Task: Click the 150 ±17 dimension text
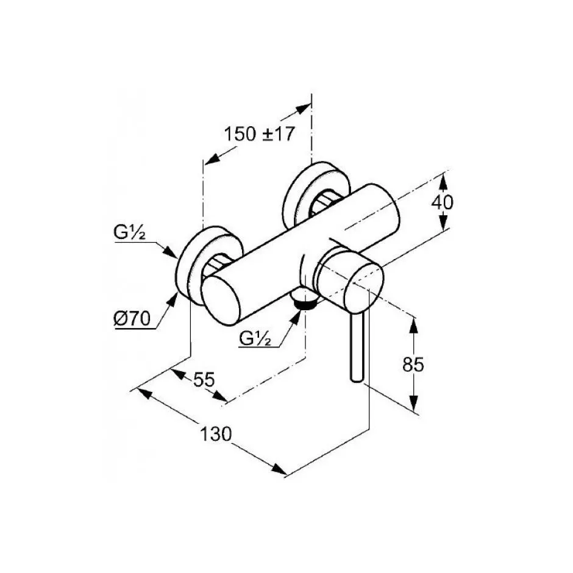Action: tap(258, 134)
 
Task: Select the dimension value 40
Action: tap(442, 202)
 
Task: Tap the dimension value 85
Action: tap(413, 365)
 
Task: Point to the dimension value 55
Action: tap(204, 380)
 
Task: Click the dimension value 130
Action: tap(216, 434)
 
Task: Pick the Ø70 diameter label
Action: tap(132, 319)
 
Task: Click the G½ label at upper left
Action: tap(129, 232)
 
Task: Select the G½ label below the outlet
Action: tap(255, 338)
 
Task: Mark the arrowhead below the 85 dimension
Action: tap(413, 404)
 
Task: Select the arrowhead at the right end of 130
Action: tap(279, 469)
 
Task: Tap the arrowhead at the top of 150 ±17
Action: tap(303, 109)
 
